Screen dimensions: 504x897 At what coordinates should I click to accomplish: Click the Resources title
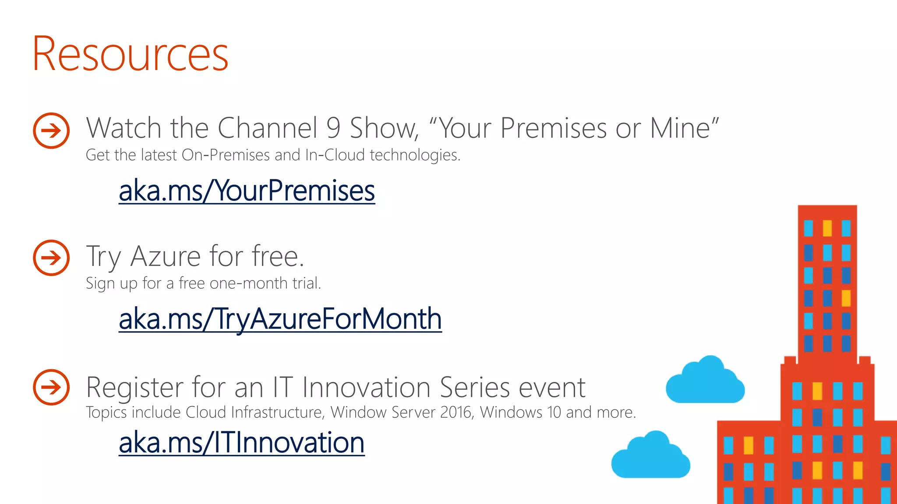coord(130,54)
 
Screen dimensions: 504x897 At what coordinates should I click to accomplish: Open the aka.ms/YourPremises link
coord(247,191)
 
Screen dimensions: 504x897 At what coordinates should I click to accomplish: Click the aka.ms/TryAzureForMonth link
coord(280,319)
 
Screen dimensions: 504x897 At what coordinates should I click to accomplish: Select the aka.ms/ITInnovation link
coord(241,442)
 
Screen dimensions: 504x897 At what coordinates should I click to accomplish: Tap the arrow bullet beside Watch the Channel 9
coord(51,130)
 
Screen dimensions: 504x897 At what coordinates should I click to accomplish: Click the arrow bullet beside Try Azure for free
coord(51,258)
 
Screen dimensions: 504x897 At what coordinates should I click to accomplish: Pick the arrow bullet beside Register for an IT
coord(51,387)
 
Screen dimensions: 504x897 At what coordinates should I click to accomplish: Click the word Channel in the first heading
coord(267,128)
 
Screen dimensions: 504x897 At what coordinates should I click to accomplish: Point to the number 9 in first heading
coord(333,128)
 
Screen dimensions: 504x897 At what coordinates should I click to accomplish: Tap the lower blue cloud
coord(651,458)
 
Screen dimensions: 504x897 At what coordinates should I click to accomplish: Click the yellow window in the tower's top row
coord(827,228)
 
